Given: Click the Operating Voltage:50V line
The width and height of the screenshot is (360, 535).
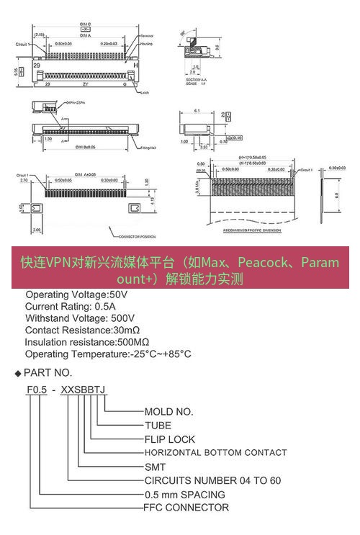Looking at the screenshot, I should pos(76,295).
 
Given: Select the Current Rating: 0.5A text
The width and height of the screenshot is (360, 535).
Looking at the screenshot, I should pos(74,306).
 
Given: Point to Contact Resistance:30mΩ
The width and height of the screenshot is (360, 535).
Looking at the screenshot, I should pos(82,330).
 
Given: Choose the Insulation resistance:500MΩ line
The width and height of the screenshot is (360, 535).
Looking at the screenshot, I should pos(87,341).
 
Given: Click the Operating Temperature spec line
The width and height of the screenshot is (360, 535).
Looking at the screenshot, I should pos(108,354).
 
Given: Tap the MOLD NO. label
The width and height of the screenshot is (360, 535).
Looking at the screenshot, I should pos(169,412).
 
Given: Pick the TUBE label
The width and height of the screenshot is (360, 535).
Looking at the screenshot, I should pos(158,425).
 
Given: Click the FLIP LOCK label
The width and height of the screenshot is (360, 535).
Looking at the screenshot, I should pos(170,439).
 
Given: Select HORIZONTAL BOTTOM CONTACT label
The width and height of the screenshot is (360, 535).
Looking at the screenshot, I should pos(215,453).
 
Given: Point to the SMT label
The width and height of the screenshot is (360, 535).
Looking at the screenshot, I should pos(155,467).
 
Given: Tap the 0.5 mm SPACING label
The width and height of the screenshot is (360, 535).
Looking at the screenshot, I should pos(185,494).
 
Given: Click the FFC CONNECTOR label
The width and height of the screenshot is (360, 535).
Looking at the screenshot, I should pos(186,508).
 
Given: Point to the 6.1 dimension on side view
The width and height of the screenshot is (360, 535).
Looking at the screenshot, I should pos(197,111).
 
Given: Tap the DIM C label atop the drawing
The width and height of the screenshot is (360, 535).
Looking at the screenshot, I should pos(85,24).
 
